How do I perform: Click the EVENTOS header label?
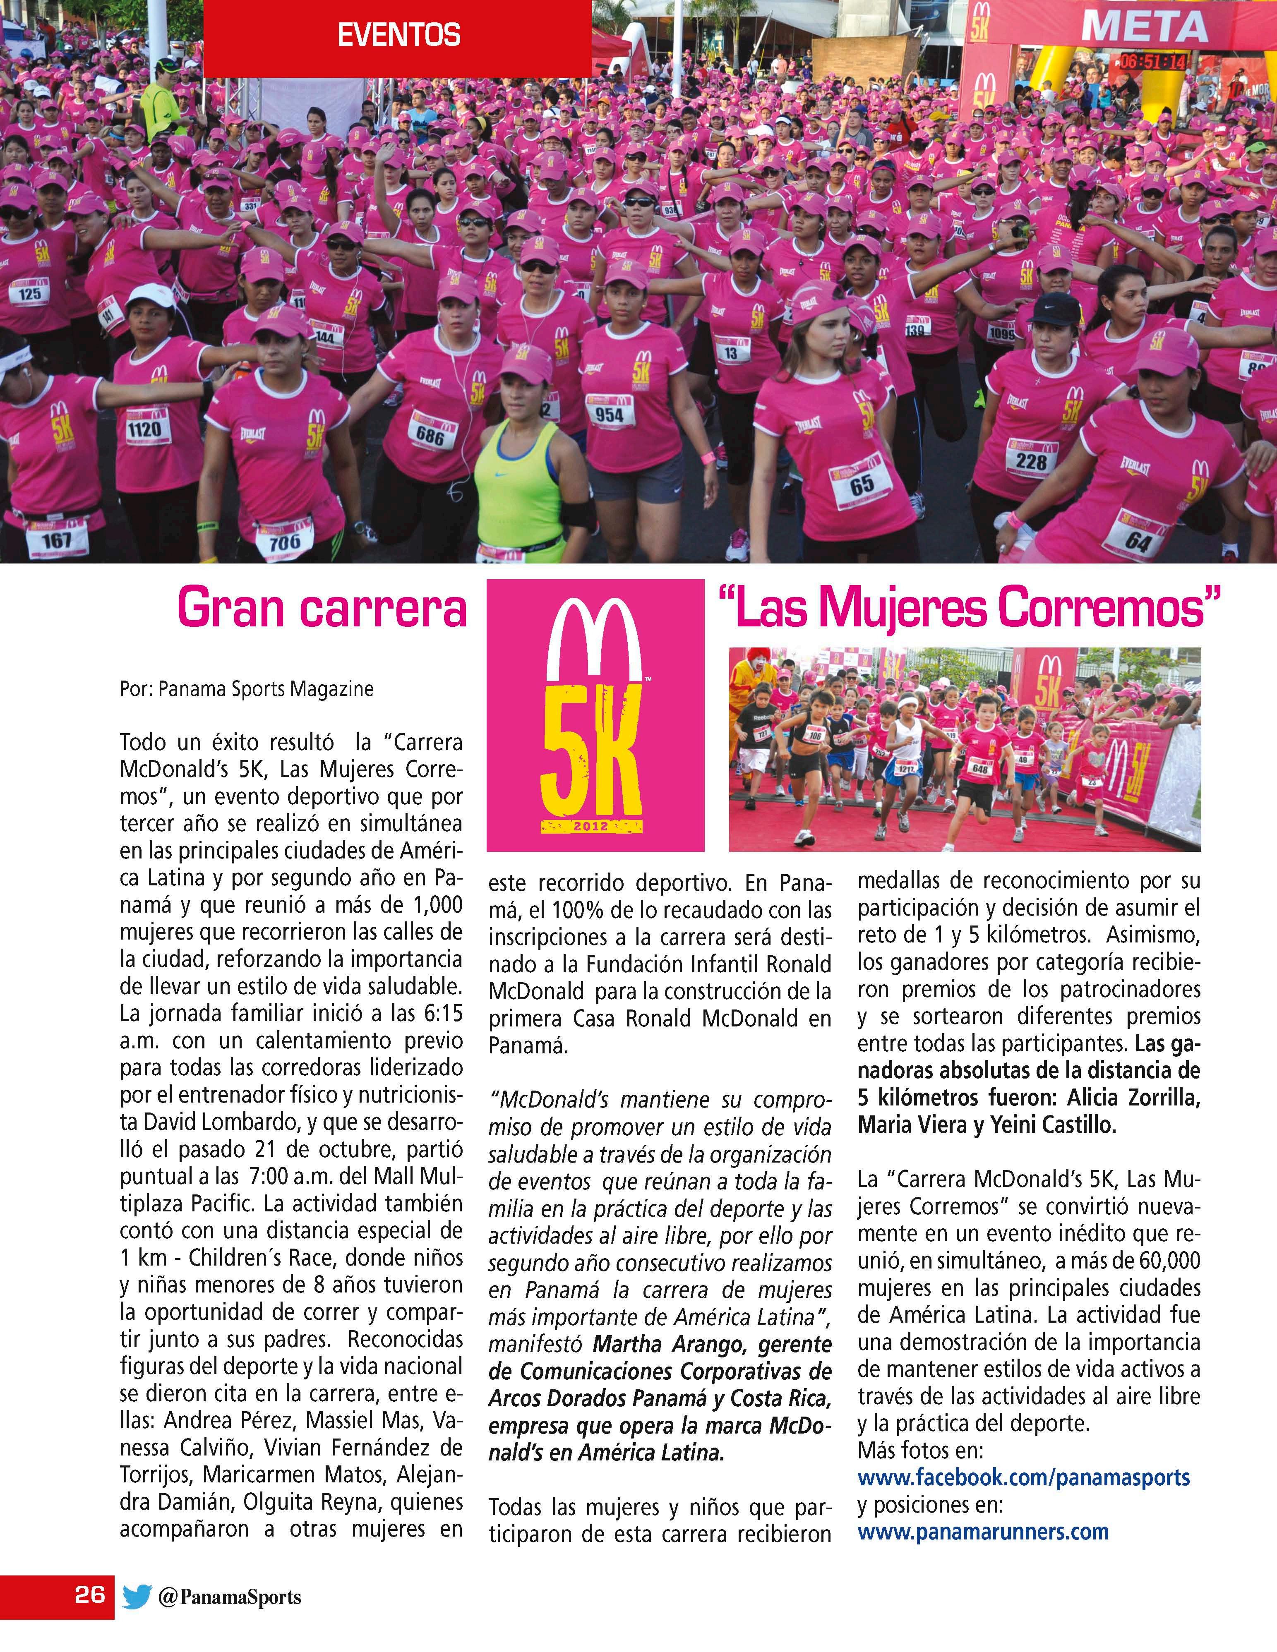tap(398, 36)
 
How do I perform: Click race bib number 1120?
tap(144, 429)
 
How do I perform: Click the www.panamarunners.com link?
tap(983, 1532)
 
